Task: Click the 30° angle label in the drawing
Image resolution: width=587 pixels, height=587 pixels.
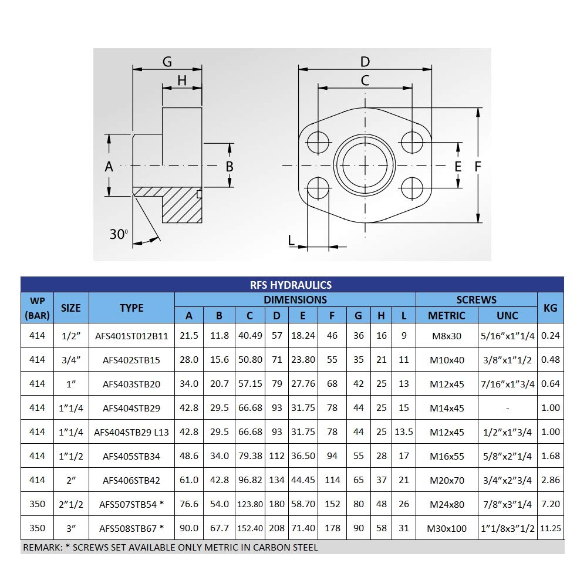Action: tap(119, 234)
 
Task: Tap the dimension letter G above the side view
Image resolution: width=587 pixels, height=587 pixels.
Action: tap(167, 62)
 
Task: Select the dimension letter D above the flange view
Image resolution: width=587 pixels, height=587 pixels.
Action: tap(365, 62)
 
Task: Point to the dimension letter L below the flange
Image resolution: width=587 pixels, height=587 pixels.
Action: tap(291, 239)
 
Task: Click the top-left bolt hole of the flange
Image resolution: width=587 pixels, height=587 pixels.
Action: tap(318, 141)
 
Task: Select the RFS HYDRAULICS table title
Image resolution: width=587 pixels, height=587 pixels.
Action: tap(292, 285)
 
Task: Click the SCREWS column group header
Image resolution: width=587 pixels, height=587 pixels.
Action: tap(476, 299)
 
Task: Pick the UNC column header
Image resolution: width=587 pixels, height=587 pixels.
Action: tap(507, 315)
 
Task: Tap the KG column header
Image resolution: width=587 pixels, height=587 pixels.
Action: tap(550, 307)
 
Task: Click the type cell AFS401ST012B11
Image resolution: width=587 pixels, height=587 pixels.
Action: tap(131, 336)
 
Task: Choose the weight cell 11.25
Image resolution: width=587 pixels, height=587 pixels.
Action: tap(550, 528)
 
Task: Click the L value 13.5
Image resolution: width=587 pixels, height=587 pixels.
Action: tap(403, 432)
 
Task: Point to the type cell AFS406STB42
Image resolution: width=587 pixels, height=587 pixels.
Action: tap(131, 480)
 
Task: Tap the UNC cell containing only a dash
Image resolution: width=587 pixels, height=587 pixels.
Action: tap(507, 408)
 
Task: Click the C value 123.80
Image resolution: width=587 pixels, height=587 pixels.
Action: tap(250, 504)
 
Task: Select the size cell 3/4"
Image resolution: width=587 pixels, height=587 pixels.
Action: tap(70, 360)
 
